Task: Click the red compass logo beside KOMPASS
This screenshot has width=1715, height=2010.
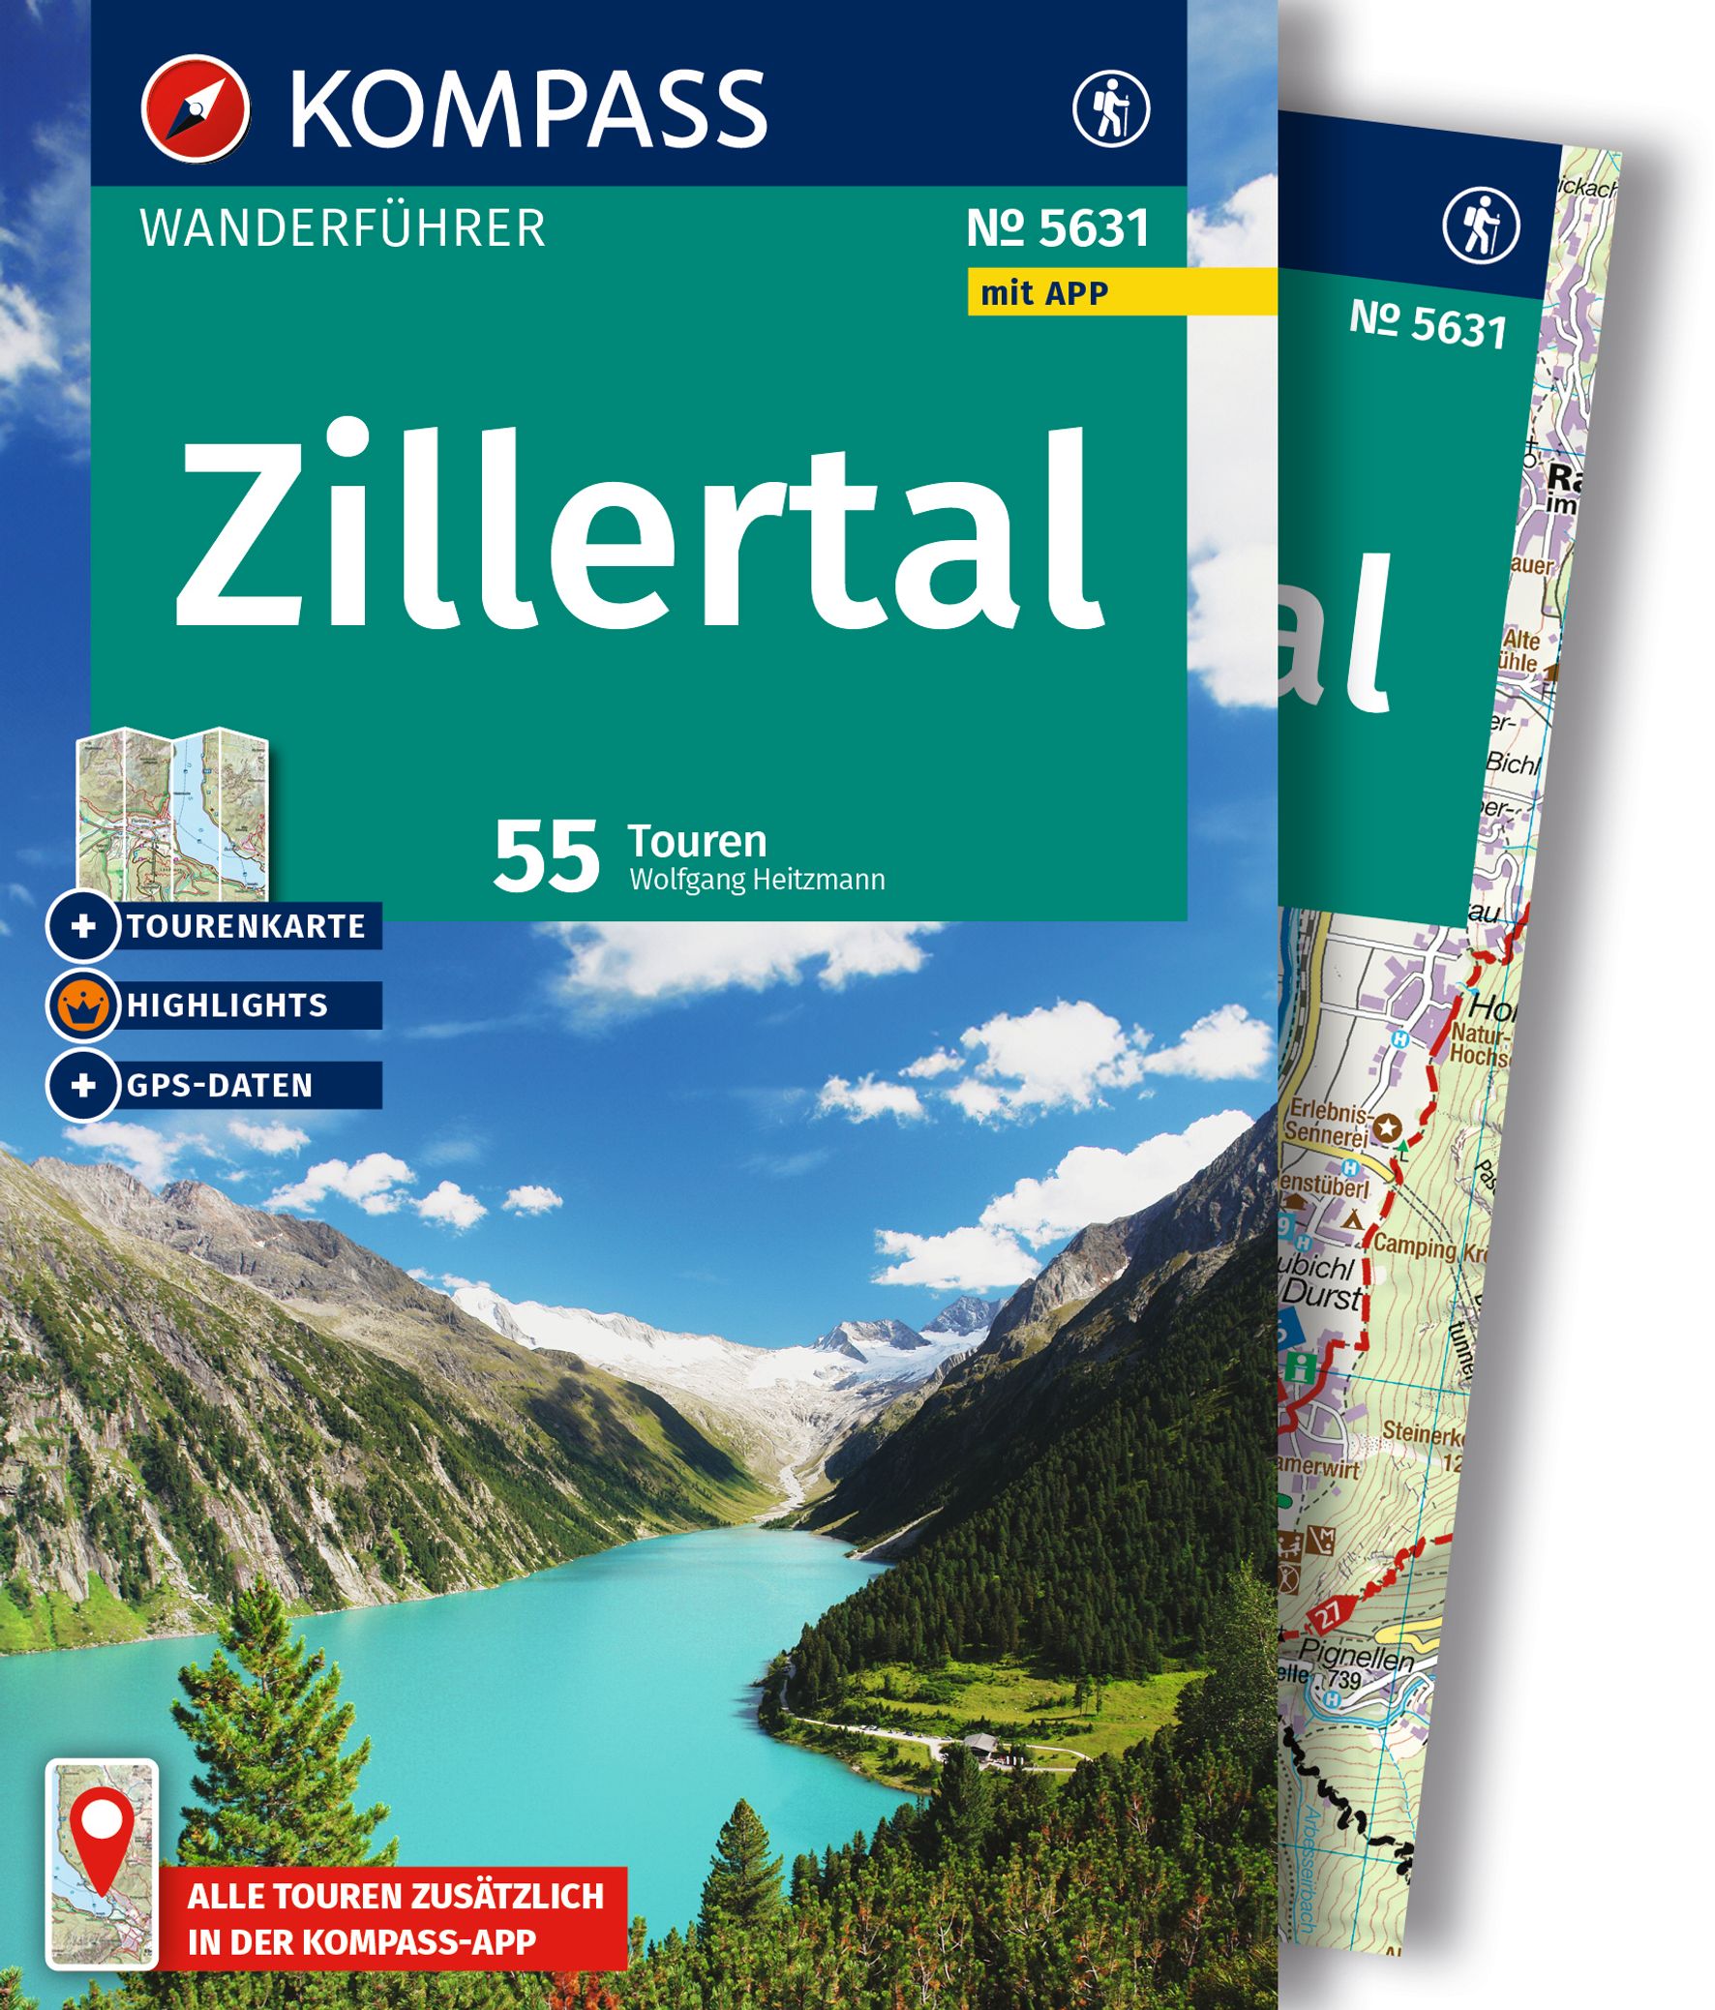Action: pyautogui.click(x=196, y=108)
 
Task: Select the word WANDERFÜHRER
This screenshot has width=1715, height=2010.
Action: pyautogui.click(x=343, y=228)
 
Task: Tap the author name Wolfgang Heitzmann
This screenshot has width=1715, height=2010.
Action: pyautogui.click(x=757, y=880)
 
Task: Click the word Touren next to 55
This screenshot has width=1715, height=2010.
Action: pyautogui.click(x=698, y=841)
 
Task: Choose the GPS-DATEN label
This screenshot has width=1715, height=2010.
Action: pyautogui.click(x=220, y=1086)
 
